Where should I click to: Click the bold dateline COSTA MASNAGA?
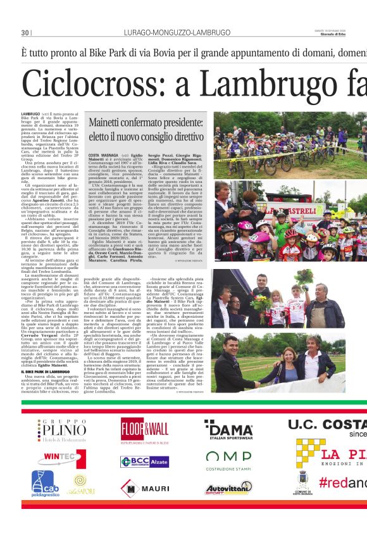pyautogui.click(x=103, y=155)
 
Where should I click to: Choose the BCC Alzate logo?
pyautogui.click(x=145, y=461)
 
